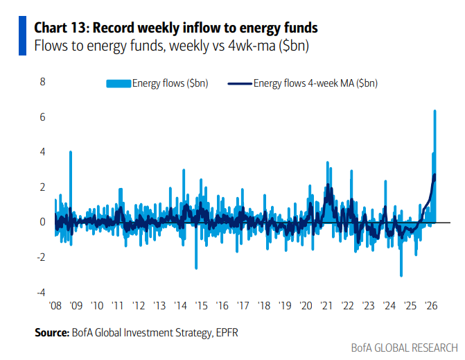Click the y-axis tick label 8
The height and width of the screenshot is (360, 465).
(x=42, y=82)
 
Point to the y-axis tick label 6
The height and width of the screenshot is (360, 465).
(x=42, y=117)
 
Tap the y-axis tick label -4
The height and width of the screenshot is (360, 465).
(x=41, y=292)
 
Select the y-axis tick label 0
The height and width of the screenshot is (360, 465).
(x=42, y=222)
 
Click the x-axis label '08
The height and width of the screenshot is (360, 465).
(x=56, y=305)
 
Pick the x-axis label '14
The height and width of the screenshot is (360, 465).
(x=180, y=305)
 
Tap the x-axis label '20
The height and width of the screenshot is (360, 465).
(x=305, y=305)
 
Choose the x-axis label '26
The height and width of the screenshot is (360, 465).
(x=430, y=305)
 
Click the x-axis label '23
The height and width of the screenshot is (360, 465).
(x=367, y=305)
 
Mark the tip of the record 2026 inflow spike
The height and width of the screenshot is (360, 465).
(x=435, y=111)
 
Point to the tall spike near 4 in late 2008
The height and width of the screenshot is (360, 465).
(x=70, y=152)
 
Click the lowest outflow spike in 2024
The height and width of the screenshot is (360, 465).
(x=401, y=275)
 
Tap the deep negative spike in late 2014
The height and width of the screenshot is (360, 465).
(x=196, y=268)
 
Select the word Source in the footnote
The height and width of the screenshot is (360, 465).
(x=52, y=333)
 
